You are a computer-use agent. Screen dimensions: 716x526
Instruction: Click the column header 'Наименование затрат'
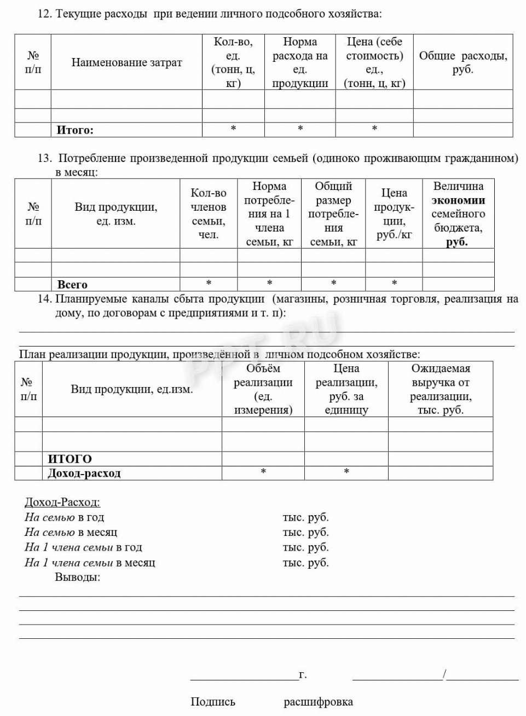[126, 62]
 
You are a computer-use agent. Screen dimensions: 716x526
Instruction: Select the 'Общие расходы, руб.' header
[463, 62]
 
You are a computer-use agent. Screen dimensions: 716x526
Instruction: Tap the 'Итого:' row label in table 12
[75, 130]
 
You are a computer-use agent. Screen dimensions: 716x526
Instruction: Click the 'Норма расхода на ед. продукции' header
[300, 62]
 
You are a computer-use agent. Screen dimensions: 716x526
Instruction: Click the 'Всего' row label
[72, 285]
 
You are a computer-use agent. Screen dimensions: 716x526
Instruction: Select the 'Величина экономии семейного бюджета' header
[458, 214]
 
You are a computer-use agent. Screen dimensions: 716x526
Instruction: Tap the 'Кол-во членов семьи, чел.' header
[209, 214]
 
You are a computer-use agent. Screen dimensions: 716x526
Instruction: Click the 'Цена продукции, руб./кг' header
[394, 214]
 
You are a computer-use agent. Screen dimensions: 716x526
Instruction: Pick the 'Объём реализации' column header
[263, 389]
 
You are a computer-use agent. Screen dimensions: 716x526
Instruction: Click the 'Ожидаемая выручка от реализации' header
[441, 389]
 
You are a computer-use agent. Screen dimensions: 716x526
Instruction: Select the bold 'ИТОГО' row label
[70, 459]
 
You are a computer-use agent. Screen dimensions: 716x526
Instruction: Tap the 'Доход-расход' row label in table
[84, 474]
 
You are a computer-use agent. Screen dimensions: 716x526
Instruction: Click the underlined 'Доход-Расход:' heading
[62, 503]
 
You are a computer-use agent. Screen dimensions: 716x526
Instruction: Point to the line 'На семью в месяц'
[71, 532]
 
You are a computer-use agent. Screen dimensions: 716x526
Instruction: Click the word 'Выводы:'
[77, 577]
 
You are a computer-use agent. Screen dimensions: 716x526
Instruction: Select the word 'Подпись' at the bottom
[213, 702]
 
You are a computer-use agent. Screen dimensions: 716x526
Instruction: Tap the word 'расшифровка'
[318, 702]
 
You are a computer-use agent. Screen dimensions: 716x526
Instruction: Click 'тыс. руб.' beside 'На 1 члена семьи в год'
[306, 547]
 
